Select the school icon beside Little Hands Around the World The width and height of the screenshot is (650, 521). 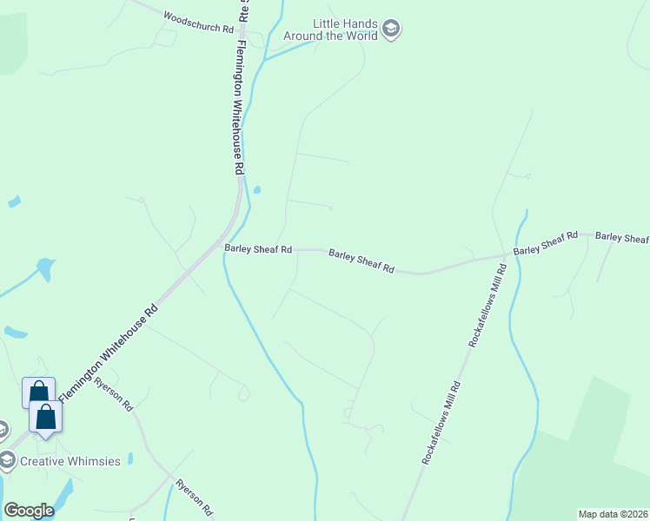click(391, 29)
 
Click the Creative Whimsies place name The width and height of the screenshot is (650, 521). click(70, 461)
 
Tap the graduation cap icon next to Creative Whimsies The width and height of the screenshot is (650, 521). click(6, 459)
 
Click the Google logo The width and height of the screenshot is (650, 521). click(29, 510)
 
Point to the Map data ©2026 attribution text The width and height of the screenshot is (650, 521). click(613, 513)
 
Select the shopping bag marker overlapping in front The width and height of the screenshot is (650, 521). click(45, 416)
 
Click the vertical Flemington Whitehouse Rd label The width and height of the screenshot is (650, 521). click(240, 109)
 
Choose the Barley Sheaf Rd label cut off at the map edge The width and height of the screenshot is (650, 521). click(622, 237)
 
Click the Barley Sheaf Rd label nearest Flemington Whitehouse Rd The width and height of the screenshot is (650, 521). click(258, 248)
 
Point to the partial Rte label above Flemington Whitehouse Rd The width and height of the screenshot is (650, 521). click(244, 10)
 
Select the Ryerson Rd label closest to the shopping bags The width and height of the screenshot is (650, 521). click(114, 394)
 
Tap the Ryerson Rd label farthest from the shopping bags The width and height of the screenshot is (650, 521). click(194, 498)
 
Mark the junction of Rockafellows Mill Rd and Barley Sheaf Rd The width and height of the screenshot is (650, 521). click(507, 256)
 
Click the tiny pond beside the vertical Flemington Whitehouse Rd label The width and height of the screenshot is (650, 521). click(257, 190)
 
